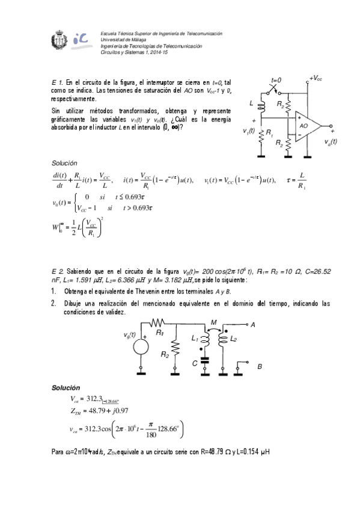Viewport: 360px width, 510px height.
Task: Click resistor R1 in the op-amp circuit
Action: coord(262,137)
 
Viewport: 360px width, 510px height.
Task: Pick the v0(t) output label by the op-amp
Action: coord(330,142)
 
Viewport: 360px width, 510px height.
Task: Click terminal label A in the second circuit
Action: coord(252,325)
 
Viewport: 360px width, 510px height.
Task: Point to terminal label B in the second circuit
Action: coord(259,365)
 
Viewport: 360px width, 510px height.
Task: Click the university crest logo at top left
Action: coord(61,43)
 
